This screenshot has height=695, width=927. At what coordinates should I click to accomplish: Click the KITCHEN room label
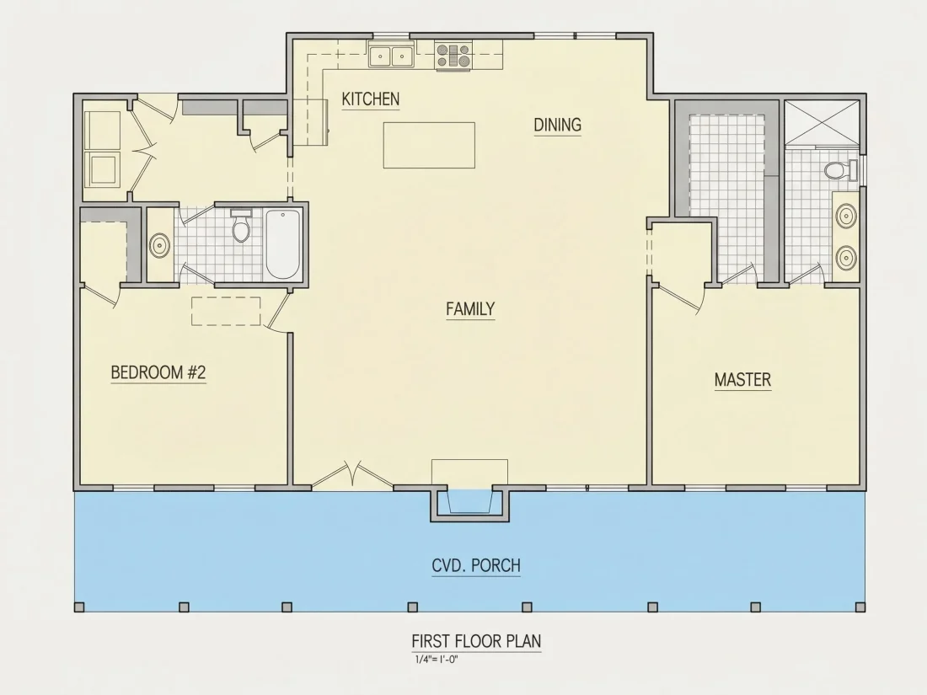371,99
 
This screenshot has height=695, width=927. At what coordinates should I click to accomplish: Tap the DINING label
558,125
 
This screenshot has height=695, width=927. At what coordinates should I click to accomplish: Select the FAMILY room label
470,308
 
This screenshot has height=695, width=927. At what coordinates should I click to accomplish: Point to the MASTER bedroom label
742,379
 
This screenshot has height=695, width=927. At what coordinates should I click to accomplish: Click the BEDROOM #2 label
158,372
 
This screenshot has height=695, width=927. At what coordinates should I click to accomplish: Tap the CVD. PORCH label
476,565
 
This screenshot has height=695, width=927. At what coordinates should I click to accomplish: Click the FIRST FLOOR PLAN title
476,641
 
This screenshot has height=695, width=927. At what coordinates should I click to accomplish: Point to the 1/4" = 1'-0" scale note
437,660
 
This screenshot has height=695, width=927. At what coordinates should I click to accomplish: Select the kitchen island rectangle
429,146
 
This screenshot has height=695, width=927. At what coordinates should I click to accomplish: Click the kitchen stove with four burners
453,56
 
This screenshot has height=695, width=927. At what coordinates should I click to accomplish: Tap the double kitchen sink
391,56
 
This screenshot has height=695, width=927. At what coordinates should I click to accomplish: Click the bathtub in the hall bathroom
283,244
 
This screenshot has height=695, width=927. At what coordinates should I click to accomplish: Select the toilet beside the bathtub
241,225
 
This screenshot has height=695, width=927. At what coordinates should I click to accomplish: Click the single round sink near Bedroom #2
159,244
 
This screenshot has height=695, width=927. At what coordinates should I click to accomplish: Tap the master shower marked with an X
822,122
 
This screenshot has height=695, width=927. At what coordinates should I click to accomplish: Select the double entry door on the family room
352,475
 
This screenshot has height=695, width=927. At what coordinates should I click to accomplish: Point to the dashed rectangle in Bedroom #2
226,311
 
